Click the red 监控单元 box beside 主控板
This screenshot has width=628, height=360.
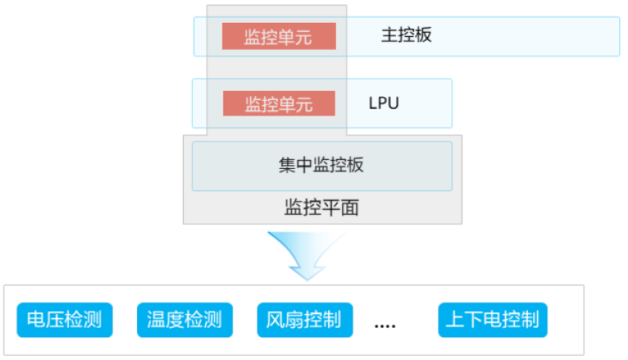[278, 36]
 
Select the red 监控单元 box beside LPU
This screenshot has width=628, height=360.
[278, 104]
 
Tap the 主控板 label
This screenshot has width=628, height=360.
[407, 36]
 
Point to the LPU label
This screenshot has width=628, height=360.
[384, 103]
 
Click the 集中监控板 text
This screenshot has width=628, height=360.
[321, 165]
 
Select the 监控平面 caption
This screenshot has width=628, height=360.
[321, 207]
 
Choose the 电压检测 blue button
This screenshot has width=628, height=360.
[64, 320]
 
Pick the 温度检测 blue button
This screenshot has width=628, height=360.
[184, 320]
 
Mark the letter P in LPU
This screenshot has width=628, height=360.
[384, 103]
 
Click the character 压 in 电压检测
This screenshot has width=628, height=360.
[54, 320]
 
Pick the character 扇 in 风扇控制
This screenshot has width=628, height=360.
[294, 320]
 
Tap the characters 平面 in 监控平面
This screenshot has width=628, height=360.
[340, 207]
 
